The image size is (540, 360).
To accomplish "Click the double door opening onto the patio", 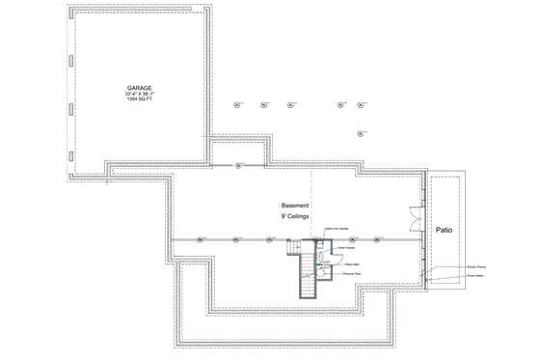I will coord(417,219).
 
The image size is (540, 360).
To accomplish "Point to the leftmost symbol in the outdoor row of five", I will coord(236,105).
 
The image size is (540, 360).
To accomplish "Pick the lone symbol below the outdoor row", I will coord(359,132).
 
